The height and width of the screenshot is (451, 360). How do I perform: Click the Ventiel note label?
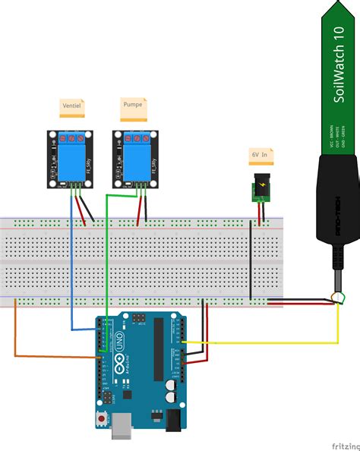click(72, 107)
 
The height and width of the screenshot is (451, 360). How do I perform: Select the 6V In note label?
click(261, 155)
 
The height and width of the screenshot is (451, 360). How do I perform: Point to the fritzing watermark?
click(339, 443)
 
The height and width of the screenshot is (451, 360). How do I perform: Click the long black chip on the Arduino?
click(158, 350)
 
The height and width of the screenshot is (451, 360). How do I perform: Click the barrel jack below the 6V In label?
click(261, 189)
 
